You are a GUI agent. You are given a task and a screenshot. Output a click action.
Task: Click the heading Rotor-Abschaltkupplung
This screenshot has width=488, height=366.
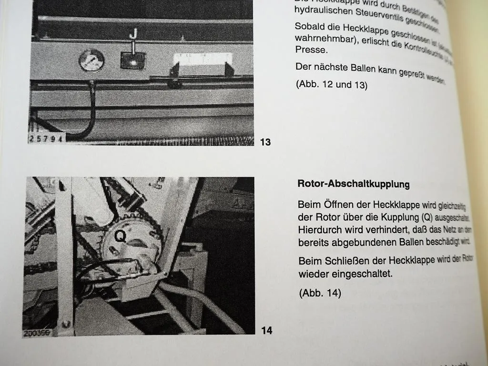353,184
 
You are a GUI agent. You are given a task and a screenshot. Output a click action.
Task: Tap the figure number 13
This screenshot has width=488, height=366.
265,142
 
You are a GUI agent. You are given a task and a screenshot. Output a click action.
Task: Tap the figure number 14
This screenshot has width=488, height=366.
267,330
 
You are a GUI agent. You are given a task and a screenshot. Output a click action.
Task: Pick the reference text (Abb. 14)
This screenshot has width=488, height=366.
320,293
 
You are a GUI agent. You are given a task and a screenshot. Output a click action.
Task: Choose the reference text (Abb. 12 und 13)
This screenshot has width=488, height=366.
332,85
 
